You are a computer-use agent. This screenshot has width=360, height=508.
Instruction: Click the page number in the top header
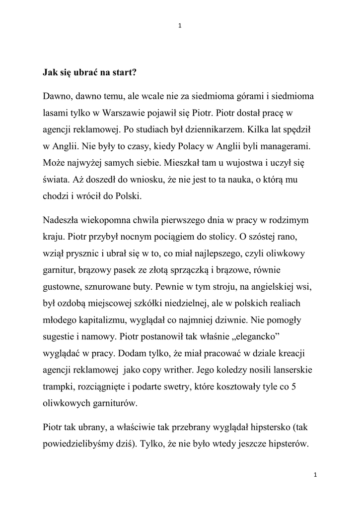pyautogui.click(x=180, y=26)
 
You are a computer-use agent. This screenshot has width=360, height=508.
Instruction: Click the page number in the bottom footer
pyautogui.click(x=315, y=475)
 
